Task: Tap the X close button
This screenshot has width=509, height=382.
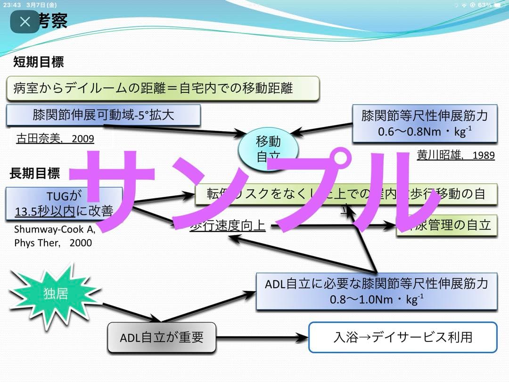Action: coord(25,22)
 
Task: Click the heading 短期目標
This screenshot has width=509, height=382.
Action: coord(38,62)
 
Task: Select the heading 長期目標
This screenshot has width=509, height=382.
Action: coord(35,173)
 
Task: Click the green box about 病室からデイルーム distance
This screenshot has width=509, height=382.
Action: coord(163,88)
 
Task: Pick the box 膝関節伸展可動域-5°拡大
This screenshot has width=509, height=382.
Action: coord(104,115)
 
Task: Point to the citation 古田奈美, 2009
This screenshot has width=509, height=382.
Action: coord(55,139)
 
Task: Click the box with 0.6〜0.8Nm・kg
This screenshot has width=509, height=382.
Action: coord(425,124)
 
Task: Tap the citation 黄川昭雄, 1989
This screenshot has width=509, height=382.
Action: coord(456,155)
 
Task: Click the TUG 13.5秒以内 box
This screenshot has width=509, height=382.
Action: coord(64,204)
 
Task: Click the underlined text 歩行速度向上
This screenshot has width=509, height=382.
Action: coord(228,226)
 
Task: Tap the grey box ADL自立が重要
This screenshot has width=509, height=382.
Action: coord(162,338)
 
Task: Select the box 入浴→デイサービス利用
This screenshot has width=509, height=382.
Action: coord(402,337)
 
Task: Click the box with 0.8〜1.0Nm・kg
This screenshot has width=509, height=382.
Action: coord(377,291)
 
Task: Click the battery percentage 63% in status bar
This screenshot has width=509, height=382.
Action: coord(484,5)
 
